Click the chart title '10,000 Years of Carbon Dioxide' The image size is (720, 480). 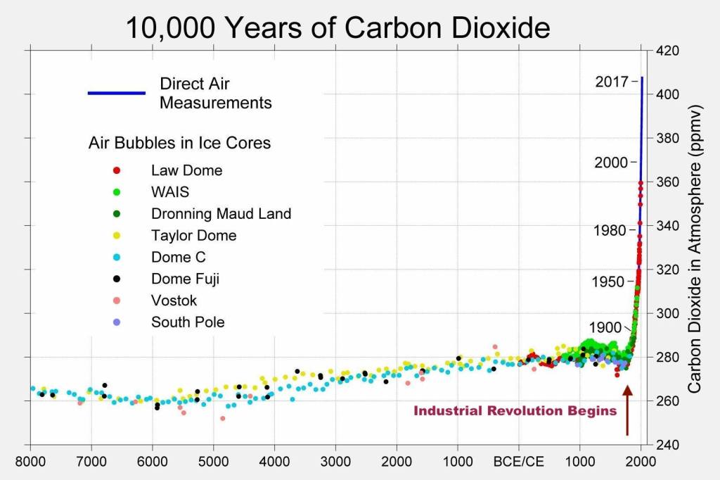click(337, 27)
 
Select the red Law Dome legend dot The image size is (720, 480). click(117, 170)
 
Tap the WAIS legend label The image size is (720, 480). click(170, 191)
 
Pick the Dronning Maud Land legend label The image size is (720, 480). click(221, 213)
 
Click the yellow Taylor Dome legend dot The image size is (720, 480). click(117, 235)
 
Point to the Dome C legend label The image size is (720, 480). click(178, 257)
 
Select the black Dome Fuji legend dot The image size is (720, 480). click(117, 279)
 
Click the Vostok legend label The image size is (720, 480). click(174, 301)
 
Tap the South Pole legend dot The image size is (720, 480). click(117, 322)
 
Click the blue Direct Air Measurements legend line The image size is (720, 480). click(116, 93)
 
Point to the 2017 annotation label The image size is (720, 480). click(611, 82)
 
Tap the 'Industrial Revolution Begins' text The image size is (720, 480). click(515, 410)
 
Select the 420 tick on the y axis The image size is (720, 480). click(668, 51)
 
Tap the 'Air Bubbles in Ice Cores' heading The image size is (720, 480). click(179, 143)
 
